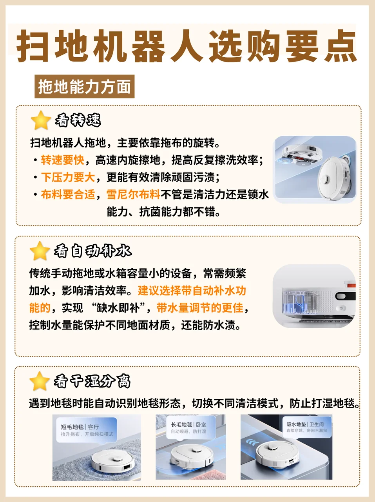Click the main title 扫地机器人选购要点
pyautogui.click(x=187, y=46)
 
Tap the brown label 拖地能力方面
pyautogui.click(x=84, y=86)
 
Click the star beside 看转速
pyautogui.click(x=41, y=120)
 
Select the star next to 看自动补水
pyautogui.click(x=40, y=251)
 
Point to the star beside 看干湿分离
pyautogui.click(x=40, y=381)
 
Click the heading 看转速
pyautogui.click(x=78, y=120)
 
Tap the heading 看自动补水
pyautogui.click(x=92, y=251)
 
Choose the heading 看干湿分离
pyautogui.click(x=92, y=381)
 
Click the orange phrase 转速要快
pyautogui.click(x=62, y=160)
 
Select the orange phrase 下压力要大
pyautogui.click(x=68, y=177)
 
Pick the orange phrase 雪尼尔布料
pyautogui.click(x=133, y=195)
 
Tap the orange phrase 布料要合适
pyautogui.click(x=68, y=195)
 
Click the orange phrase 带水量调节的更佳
pyautogui.click(x=200, y=307)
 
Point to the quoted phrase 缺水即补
pyautogui.click(x=118, y=307)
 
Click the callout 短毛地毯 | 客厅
pyautogui.click(x=87, y=430)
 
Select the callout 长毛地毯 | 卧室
pyautogui.click(x=191, y=427)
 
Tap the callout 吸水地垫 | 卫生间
pyautogui.click(x=307, y=427)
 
